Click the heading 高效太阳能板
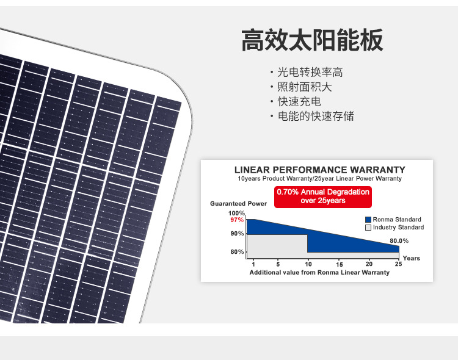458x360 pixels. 312,40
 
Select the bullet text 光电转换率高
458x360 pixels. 310,72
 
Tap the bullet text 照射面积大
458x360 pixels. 305,87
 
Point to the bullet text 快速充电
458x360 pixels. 299,102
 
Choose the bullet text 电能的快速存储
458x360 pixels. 316,116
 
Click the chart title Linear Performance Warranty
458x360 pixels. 320,170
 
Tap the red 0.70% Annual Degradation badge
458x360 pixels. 323,197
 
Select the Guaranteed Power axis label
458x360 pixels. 238,204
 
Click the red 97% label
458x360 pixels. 237,220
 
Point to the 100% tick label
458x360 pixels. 236,213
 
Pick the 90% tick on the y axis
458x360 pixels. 237,234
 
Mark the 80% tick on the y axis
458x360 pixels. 237,251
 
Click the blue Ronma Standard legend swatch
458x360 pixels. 368,220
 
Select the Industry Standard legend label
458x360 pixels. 398,227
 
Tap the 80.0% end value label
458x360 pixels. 399,241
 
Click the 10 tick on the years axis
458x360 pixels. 308,264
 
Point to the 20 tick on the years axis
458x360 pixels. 369,264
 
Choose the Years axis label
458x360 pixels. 411,258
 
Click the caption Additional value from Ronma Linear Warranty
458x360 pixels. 319,272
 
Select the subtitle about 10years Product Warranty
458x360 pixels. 319,178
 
